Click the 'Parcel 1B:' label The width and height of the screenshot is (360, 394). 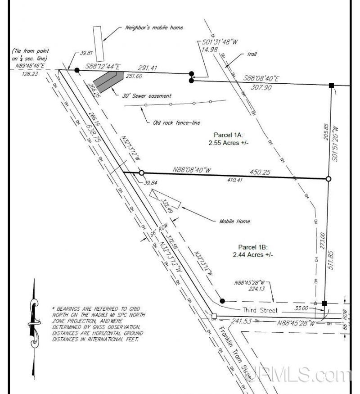tap(253, 247)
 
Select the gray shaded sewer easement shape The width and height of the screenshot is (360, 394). tap(108, 82)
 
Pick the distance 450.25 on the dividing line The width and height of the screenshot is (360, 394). tap(259, 172)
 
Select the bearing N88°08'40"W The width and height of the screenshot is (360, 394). tap(191, 170)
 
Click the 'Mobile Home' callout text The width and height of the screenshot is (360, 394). tap(234, 221)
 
